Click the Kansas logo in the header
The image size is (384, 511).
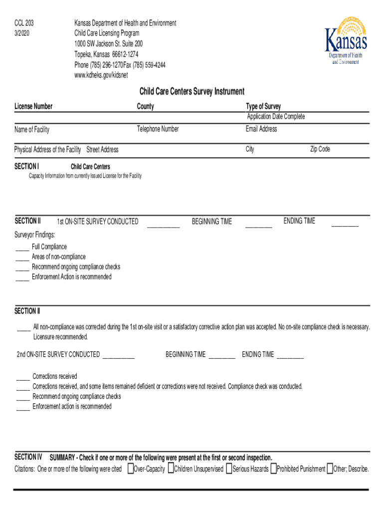tap(346, 41)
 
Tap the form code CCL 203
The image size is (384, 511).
tap(24, 23)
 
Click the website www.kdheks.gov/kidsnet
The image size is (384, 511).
tap(101, 75)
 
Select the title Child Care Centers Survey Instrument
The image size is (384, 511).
tap(192, 91)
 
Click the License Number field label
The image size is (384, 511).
tap(33, 106)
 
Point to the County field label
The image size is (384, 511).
tap(146, 106)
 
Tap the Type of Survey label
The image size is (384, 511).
tap(263, 106)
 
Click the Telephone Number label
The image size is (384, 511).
tap(158, 129)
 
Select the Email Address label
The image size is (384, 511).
tap(261, 129)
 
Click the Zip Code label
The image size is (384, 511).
tap(320, 149)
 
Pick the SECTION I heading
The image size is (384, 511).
tap(27, 166)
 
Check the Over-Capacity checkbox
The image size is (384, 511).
tap(131, 469)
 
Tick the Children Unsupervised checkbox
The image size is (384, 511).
tap(171, 469)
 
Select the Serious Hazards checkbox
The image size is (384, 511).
tap(229, 469)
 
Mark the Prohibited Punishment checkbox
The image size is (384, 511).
tap(273, 469)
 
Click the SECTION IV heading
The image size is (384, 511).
tap(28, 457)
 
